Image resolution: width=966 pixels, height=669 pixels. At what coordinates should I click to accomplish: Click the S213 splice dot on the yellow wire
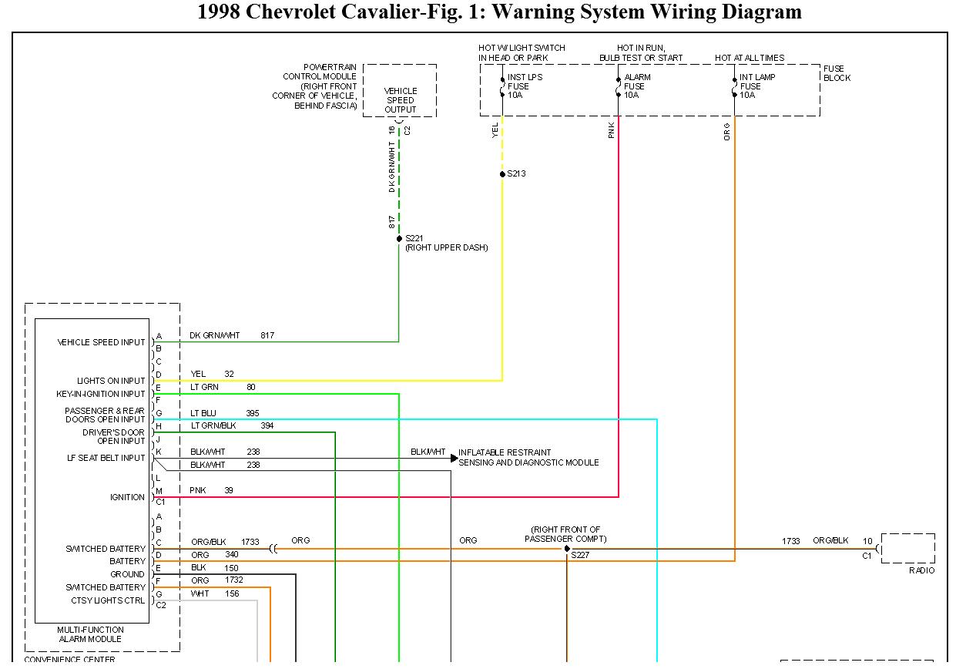(x=502, y=174)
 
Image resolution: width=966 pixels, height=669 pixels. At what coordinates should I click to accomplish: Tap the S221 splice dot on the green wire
(x=399, y=239)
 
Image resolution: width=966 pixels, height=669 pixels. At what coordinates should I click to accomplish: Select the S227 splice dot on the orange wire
(x=567, y=549)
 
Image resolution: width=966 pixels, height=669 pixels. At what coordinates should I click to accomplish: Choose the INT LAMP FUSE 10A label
(x=756, y=86)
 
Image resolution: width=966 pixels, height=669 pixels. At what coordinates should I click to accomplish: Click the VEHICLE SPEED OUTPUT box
(x=400, y=100)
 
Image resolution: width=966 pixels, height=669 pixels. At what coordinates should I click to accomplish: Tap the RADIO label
(x=921, y=570)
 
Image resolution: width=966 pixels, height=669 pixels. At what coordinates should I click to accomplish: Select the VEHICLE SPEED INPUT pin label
(x=101, y=342)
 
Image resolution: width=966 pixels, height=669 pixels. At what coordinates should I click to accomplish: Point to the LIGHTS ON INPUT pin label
(x=111, y=381)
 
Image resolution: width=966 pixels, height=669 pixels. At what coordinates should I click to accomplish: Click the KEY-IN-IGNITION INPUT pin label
(x=101, y=394)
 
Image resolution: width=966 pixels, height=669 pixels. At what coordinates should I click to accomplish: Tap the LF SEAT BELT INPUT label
(x=106, y=458)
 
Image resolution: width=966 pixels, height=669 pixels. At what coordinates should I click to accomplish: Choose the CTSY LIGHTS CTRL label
(x=108, y=600)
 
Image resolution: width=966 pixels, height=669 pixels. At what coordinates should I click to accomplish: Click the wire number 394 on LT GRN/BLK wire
(x=267, y=425)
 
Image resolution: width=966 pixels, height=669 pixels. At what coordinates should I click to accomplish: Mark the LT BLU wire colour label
(x=203, y=413)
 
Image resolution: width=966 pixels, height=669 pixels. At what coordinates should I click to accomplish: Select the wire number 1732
(x=234, y=580)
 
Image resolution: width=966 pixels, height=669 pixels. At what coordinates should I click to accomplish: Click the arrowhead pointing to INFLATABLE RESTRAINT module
(x=454, y=458)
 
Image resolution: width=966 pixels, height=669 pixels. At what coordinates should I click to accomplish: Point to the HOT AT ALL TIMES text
(x=749, y=58)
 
